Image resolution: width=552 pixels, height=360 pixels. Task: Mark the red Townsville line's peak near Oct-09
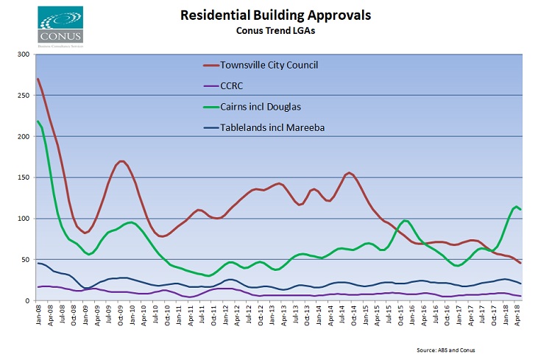122,161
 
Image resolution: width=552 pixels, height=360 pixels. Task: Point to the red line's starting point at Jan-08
37,79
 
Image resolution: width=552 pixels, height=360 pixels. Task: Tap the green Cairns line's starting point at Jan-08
37,121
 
